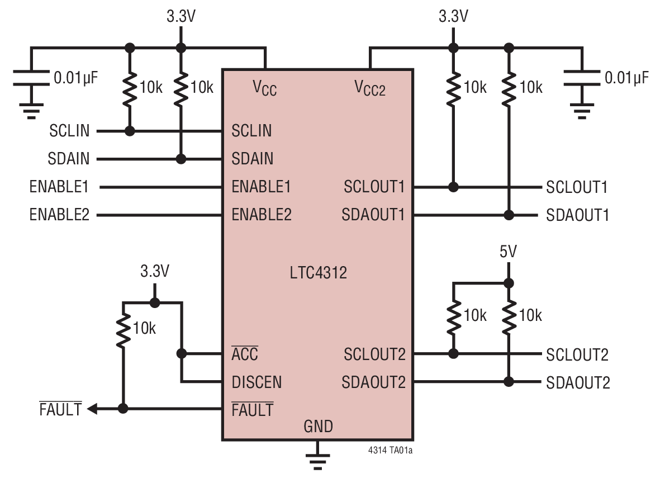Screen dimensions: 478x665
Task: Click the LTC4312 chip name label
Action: pos(318,273)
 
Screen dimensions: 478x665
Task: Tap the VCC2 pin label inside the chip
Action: pos(370,87)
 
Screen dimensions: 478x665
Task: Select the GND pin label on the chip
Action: pos(318,427)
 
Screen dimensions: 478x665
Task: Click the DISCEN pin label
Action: pos(256,382)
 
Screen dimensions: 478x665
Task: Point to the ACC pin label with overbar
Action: pos(245,354)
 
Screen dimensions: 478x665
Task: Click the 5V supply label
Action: pos(508,252)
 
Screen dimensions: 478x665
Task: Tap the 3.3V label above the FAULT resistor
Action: pos(154,272)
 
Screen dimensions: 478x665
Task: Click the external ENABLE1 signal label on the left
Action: pos(59,187)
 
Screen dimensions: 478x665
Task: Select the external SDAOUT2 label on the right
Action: pos(578,383)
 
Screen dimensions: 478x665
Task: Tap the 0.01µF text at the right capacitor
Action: pos(627,78)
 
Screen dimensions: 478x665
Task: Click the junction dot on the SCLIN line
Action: pos(130,131)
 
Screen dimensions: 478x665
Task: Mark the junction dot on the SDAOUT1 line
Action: pos(509,215)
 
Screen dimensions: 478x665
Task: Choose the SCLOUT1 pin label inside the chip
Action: pos(374,187)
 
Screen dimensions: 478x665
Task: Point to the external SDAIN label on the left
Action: pos(68,159)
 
